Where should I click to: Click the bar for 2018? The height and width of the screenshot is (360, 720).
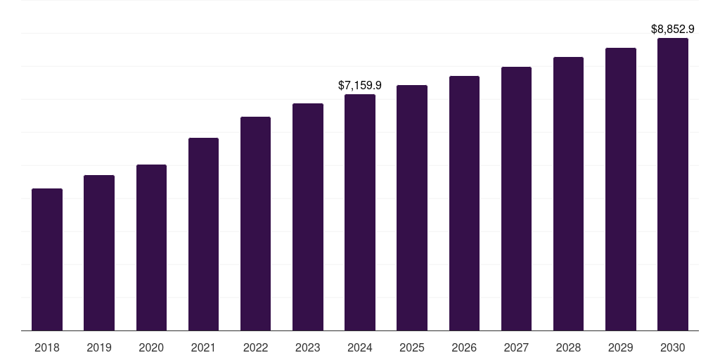(47, 259)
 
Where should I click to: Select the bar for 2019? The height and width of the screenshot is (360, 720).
(99, 252)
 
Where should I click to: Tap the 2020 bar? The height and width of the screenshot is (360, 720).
(151, 247)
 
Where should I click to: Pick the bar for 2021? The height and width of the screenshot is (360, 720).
(203, 234)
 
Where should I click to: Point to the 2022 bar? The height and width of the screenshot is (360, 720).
(255, 224)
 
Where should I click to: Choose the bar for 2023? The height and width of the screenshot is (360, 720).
(308, 217)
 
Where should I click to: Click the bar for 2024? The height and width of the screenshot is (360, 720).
(360, 212)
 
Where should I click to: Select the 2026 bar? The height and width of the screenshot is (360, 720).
(464, 203)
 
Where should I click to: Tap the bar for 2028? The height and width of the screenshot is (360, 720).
(568, 193)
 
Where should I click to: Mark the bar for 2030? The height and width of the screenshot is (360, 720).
(673, 184)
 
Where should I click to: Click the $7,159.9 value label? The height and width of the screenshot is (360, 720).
(360, 85)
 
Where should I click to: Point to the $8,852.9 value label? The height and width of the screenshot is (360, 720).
(673, 30)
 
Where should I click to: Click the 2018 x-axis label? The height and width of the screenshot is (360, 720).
(47, 347)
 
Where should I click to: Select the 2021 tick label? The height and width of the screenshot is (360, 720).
(203, 347)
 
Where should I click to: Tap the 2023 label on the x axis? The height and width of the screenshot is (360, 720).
(308, 347)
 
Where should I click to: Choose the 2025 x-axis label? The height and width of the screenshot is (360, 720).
(412, 347)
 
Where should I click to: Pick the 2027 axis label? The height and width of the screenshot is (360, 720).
(516, 347)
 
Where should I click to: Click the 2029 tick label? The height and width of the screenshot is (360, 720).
(621, 347)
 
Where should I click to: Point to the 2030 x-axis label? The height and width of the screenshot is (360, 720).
(673, 347)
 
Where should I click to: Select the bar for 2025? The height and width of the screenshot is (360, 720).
(412, 207)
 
